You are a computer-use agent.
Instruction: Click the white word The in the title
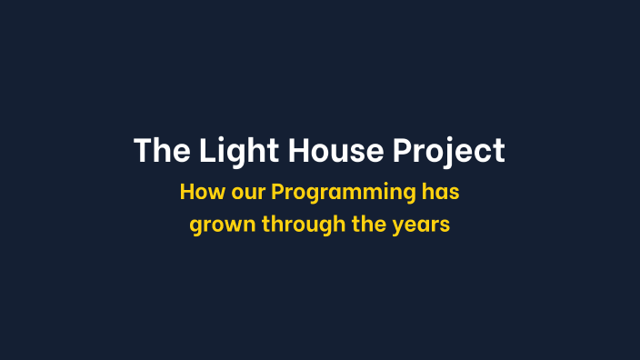(159, 151)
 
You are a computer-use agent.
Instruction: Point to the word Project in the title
(449, 151)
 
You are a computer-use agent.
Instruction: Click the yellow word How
(198, 193)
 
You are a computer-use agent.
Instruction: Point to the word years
(422, 225)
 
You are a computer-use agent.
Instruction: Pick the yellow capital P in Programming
(278, 193)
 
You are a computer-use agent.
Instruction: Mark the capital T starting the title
(142, 151)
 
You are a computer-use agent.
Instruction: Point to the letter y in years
(399, 226)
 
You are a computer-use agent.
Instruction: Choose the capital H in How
(186, 193)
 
